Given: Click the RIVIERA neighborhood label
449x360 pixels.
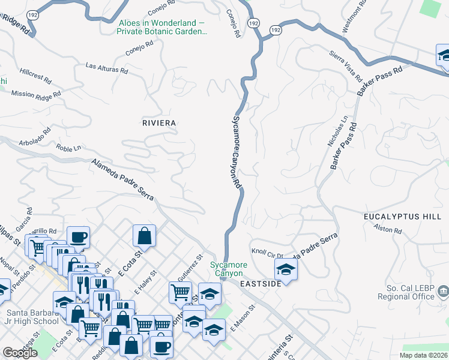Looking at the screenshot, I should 159,123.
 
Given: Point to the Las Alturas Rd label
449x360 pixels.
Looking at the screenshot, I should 107,68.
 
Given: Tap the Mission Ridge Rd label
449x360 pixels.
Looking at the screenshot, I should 35,95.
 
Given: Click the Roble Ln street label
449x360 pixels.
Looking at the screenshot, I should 67,148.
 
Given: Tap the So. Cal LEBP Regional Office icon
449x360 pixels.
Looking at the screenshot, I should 443,292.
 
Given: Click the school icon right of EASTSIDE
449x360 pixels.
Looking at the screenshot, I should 286,269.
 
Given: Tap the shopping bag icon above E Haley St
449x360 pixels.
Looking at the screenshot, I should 145,236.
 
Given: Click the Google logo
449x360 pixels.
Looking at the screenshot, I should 20,353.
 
